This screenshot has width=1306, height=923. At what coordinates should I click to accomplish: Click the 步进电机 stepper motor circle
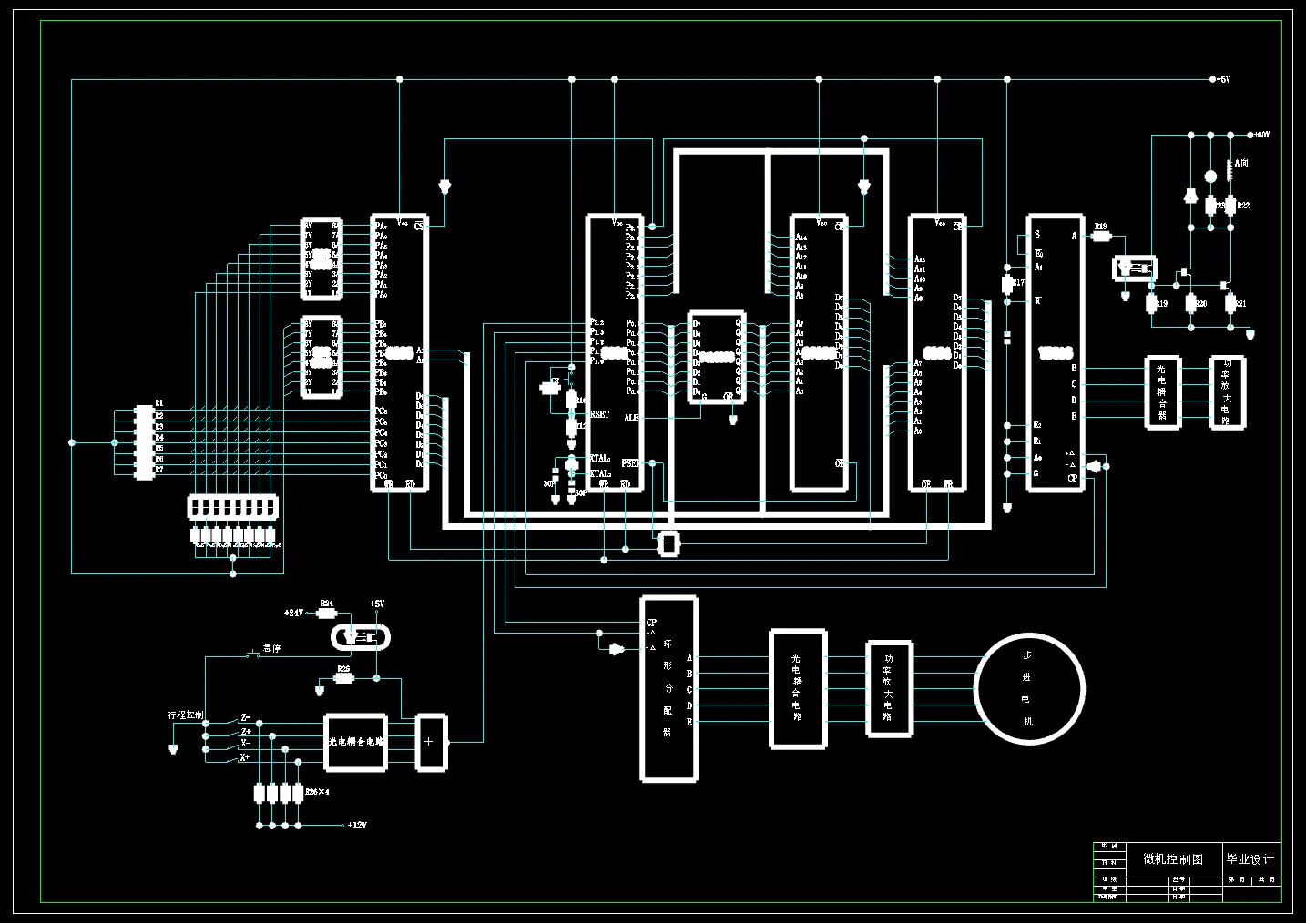click(1028, 687)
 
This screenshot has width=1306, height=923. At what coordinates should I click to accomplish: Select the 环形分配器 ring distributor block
click(669, 688)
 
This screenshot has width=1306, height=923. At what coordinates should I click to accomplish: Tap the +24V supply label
click(293, 613)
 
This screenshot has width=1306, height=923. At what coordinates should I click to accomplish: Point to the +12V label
click(356, 826)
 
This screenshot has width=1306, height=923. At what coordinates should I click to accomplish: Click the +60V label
click(1260, 135)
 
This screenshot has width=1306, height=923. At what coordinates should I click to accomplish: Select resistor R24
click(327, 613)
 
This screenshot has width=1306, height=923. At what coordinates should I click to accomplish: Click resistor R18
click(1100, 236)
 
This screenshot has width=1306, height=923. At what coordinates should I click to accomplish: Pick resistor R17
click(1007, 283)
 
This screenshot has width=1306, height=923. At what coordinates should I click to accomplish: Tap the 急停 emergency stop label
click(271, 649)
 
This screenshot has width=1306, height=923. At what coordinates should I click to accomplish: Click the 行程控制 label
click(186, 715)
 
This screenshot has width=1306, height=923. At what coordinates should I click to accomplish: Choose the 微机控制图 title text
click(1172, 858)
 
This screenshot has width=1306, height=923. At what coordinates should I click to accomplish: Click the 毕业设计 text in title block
click(1250, 858)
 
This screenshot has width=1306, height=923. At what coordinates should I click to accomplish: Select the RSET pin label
click(600, 414)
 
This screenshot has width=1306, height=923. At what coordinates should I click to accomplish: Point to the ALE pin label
click(630, 418)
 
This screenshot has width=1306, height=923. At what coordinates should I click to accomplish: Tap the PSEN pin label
click(630, 463)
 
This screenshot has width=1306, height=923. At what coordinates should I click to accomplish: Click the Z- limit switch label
click(246, 718)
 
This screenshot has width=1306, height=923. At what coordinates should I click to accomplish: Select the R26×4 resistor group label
click(317, 792)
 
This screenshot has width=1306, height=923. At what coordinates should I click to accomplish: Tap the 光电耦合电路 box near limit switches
click(356, 742)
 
